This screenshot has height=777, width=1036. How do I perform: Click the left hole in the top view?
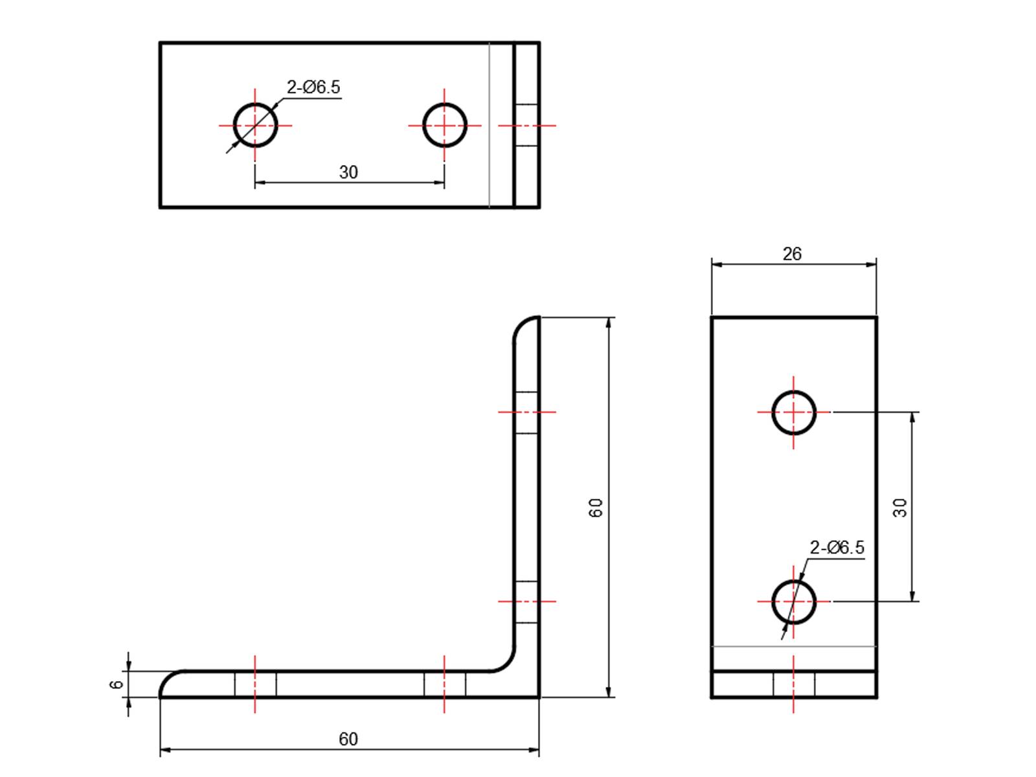point(255,125)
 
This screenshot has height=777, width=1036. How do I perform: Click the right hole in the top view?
point(445,125)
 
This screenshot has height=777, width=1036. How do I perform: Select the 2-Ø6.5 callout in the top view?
point(313,87)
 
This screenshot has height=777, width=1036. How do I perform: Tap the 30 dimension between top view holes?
point(348,172)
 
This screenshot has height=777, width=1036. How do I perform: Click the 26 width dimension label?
point(792,254)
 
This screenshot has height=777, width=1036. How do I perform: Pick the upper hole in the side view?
point(794,412)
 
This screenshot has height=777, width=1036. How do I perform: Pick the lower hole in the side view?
point(794,602)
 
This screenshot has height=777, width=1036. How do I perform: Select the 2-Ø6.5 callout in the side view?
point(837,548)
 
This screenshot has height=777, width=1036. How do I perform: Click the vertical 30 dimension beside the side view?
point(900,507)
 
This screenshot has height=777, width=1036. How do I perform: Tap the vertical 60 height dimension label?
point(596,507)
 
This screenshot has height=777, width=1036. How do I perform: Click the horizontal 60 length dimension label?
point(348,739)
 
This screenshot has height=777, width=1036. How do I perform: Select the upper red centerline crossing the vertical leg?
point(526,412)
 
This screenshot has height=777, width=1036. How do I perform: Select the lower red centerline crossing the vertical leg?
point(526,602)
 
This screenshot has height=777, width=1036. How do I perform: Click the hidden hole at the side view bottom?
point(794,685)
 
